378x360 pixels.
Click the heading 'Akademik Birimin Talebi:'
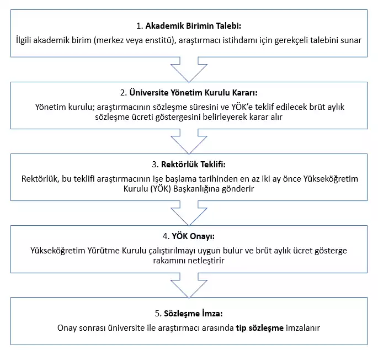tap(193, 26)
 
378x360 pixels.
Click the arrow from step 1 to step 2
tap(189, 68)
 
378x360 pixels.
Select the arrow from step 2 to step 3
tap(189, 139)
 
